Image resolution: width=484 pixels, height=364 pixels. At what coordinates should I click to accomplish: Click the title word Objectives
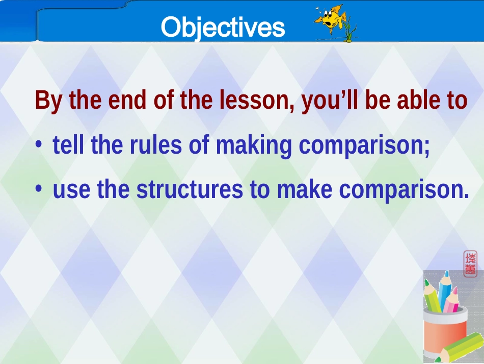pyautogui.click(x=223, y=27)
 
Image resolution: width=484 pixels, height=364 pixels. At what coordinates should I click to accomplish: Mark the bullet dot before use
pyautogui.click(x=39, y=188)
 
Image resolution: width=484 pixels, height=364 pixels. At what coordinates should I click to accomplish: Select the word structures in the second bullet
pyautogui.click(x=190, y=189)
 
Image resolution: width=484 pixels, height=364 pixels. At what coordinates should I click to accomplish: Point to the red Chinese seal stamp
pyautogui.click(x=470, y=263)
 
